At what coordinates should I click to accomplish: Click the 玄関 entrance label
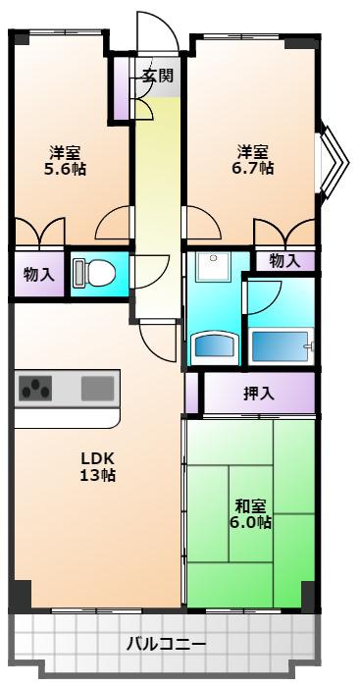point(157,76)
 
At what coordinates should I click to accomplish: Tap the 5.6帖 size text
point(65,168)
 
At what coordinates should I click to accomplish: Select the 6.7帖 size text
point(253,168)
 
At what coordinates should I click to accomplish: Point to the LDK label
point(97,459)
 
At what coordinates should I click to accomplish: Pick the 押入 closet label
point(259,394)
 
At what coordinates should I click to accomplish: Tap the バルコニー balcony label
point(166,644)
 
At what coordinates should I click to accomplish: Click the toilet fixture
point(93,273)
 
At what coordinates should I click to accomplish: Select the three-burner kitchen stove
point(35,388)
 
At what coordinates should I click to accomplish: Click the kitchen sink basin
point(97,389)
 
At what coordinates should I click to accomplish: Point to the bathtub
point(281,346)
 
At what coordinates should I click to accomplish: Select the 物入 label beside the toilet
point(38,275)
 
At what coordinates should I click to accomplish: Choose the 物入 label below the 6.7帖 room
point(285,261)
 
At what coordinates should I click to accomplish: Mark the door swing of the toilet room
point(151,272)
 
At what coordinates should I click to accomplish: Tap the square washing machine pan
point(213,267)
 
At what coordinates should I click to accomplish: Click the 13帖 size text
point(97,475)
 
